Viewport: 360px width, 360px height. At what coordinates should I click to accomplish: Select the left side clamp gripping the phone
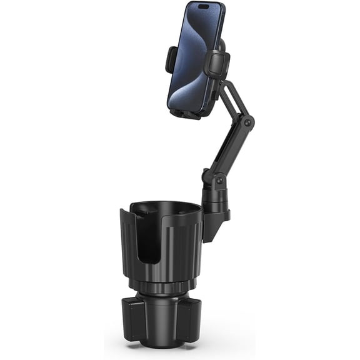click(171, 59)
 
